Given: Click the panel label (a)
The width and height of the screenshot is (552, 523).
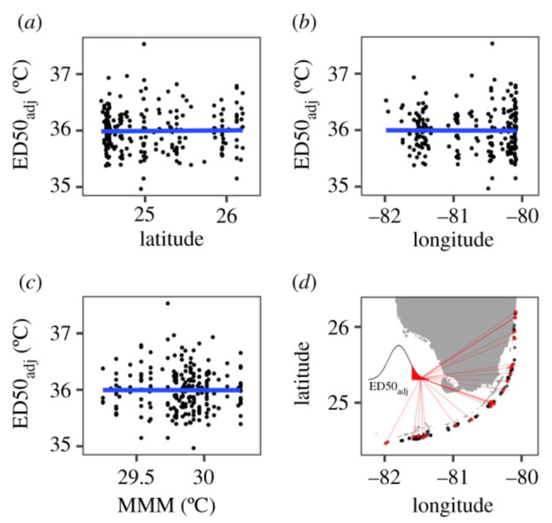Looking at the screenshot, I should [x=28, y=23].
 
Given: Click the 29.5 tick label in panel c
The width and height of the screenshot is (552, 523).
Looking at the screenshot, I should [x=136, y=475].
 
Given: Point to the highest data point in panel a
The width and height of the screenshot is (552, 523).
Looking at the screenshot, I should [x=144, y=44].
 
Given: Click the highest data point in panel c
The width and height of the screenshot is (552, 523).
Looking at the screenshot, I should [x=168, y=303].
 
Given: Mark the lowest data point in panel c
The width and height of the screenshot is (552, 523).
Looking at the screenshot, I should [x=194, y=448].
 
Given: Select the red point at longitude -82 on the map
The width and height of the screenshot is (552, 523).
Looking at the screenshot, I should [x=385, y=443].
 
